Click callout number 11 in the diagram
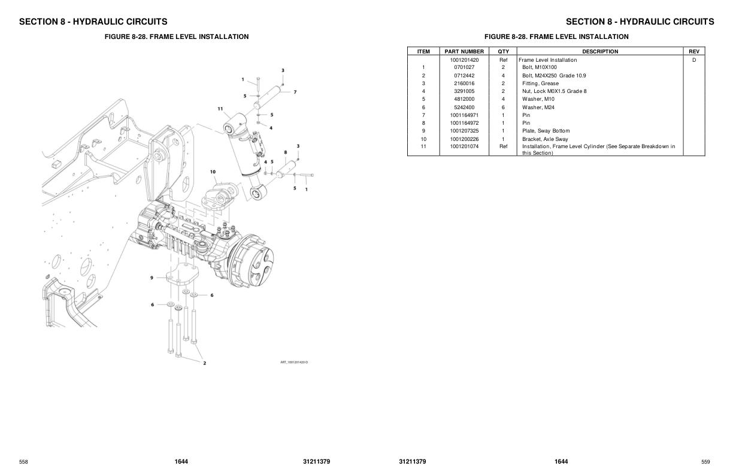click(220, 109)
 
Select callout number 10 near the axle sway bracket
click(213, 172)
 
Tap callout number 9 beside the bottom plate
click(153, 277)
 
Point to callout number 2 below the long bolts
click(204, 363)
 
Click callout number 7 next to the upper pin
click(295, 92)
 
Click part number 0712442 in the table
click(464, 76)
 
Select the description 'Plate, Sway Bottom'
click(546, 131)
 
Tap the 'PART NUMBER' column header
click(464, 52)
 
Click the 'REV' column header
click(694, 52)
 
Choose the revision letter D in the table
click(694, 60)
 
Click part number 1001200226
click(464, 139)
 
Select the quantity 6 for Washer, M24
click(503, 107)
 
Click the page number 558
click(23, 462)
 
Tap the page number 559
click(705, 462)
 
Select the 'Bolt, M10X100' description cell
click(539, 68)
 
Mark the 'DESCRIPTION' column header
click(600, 52)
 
